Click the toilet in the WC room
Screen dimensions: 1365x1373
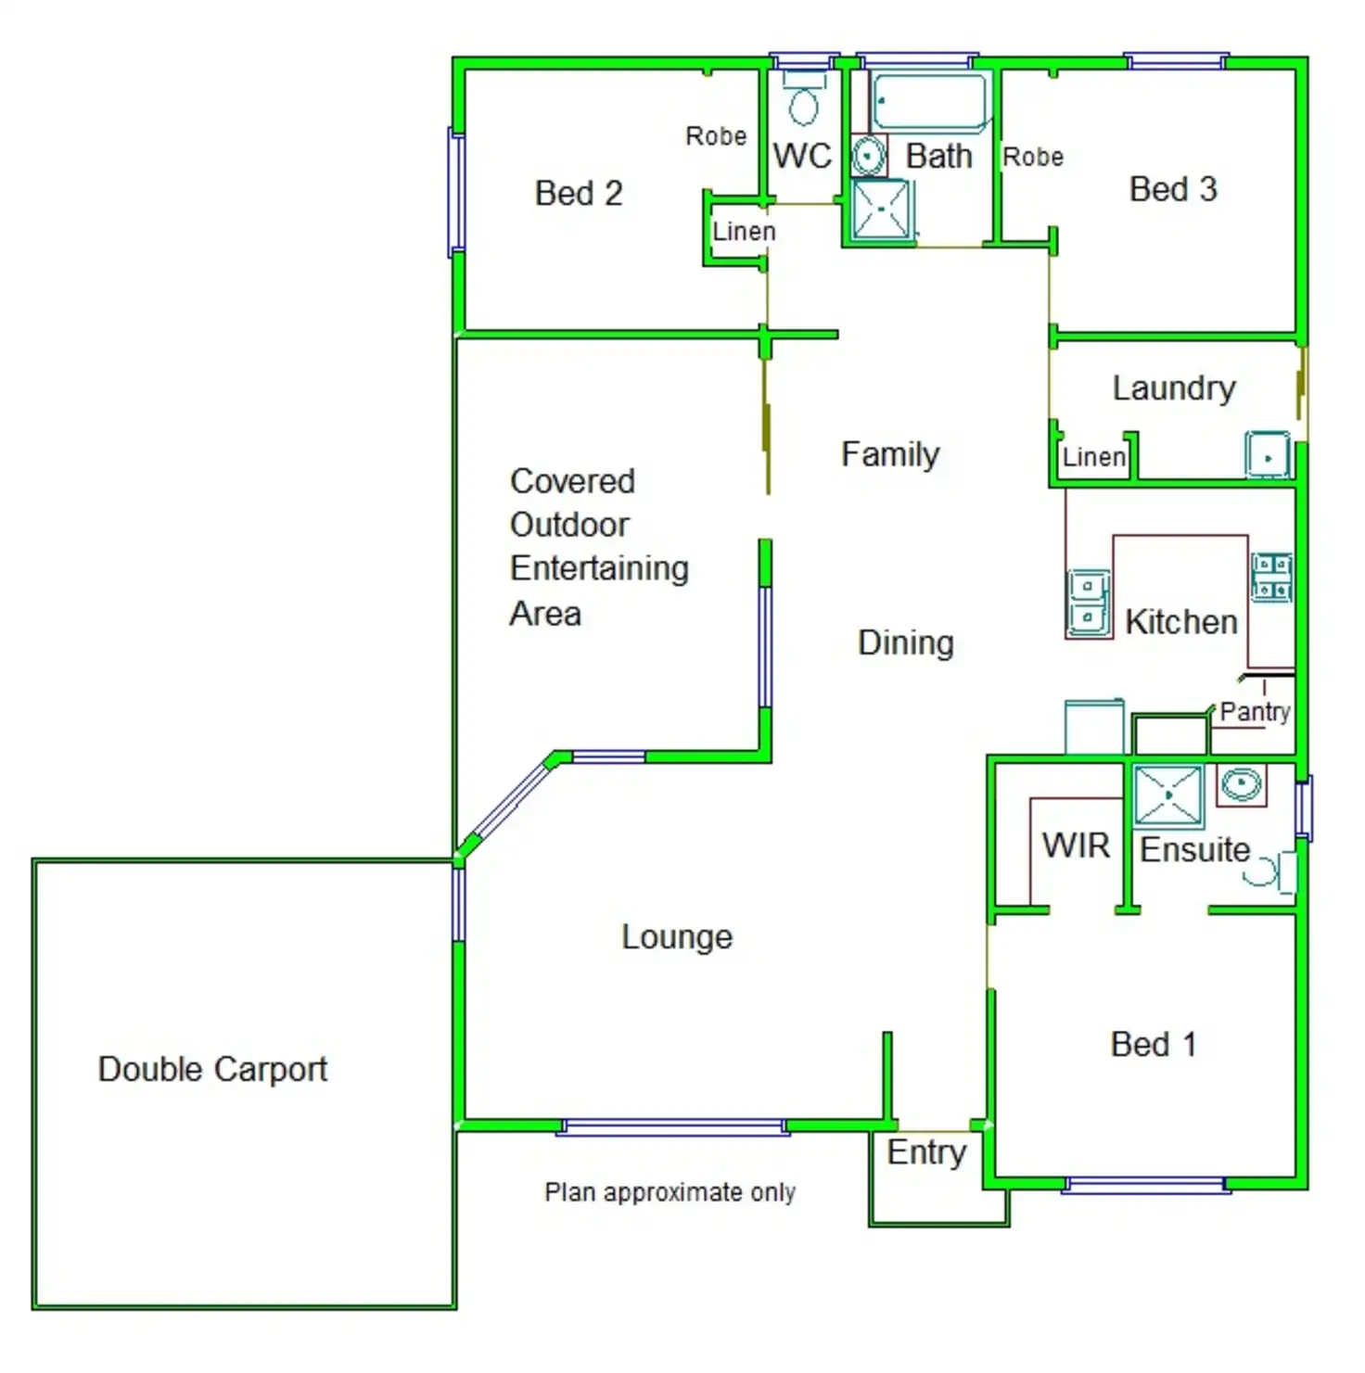(804, 101)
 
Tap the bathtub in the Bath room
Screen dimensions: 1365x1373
(929, 101)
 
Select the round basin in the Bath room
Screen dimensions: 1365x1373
(868, 156)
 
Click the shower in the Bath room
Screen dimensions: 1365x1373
(881, 211)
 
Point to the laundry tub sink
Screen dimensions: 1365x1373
(1267, 455)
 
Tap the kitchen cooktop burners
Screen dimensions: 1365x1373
(1271, 577)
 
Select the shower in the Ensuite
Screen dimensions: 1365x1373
(1167, 795)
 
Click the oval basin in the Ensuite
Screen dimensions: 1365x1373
(1242, 784)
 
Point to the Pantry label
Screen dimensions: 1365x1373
(1255, 711)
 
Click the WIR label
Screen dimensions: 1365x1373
(1076, 845)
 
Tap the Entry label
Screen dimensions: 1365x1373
(926, 1152)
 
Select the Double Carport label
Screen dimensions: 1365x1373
(212, 1069)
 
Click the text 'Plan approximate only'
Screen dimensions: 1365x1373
(670, 1192)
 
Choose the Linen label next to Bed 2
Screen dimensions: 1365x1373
(744, 231)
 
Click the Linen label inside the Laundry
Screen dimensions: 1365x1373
(1094, 457)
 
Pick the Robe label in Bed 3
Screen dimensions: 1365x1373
(1033, 157)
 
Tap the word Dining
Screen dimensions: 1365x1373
(906, 642)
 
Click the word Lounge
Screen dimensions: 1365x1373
(677, 936)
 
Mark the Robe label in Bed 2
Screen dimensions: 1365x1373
(716, 136)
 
